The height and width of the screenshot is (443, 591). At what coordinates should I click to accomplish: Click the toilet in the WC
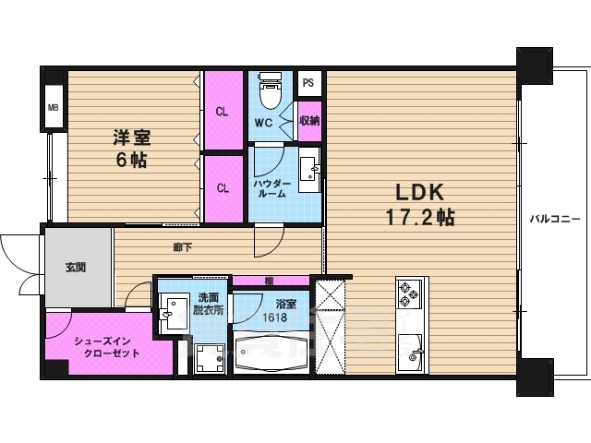pos(270,90)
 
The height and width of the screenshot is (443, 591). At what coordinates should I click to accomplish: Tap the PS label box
pos(308,82)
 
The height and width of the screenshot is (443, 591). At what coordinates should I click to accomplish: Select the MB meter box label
pos(54,108)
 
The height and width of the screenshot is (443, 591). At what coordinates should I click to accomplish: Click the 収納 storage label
pos(309,121)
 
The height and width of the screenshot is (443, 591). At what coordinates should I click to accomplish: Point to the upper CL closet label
pos(222,112)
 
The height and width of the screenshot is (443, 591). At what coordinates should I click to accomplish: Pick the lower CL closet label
pos(223,188)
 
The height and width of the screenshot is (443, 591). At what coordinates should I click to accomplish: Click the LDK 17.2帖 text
pos(420,205)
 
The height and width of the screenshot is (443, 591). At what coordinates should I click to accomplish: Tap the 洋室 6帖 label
pos(131,149)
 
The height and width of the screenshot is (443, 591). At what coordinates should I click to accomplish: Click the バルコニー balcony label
pos(555,219)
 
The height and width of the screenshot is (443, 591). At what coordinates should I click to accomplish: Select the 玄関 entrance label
pos(76,268)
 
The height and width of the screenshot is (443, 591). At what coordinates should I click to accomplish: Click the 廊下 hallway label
pos(183,247)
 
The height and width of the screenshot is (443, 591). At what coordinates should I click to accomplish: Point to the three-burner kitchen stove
pos(408,293)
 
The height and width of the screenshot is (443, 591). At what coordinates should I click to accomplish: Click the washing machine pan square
pos(210,359)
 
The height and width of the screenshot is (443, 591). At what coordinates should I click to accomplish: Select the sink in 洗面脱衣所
pos(174,312)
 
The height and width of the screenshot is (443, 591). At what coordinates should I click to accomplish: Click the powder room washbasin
pos(310,170)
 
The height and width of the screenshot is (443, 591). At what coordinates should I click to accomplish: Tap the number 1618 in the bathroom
pos(275,317)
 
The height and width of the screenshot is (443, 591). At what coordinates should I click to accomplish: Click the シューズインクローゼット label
pos(107,347)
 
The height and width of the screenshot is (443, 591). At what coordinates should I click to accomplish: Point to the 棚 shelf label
pos(269,281)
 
